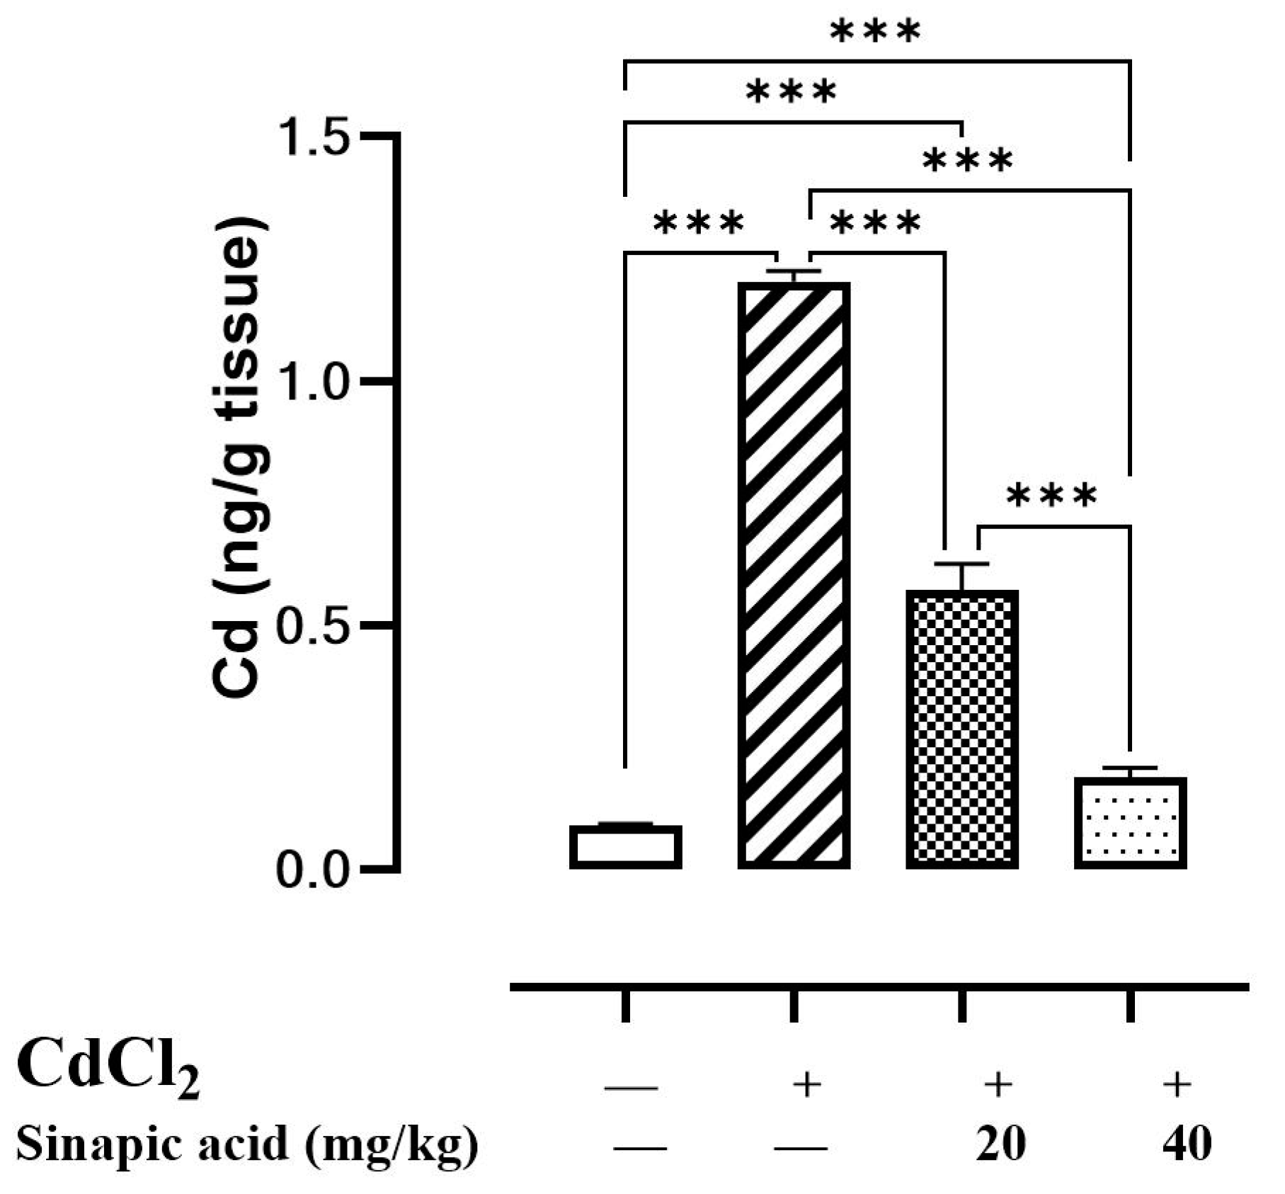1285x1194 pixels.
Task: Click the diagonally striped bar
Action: click(794, 575)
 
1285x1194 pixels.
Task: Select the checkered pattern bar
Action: click(962, 729)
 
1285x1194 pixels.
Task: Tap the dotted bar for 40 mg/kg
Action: click(1130, 823)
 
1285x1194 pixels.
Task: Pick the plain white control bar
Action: click(626, 847)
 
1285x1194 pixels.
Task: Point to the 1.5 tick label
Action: click(314, 136)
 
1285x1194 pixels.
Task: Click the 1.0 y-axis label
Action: click(314, 381)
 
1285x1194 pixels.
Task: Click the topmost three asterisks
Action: click(876, 31)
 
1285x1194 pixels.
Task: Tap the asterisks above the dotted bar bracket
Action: click(1051, 496)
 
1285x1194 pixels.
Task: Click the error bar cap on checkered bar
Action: click(961, 564)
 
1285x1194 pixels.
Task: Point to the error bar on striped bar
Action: click(794, 275)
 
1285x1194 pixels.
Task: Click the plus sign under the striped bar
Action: click(807, 1084)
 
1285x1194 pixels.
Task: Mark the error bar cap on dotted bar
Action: click(1130, 768)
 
